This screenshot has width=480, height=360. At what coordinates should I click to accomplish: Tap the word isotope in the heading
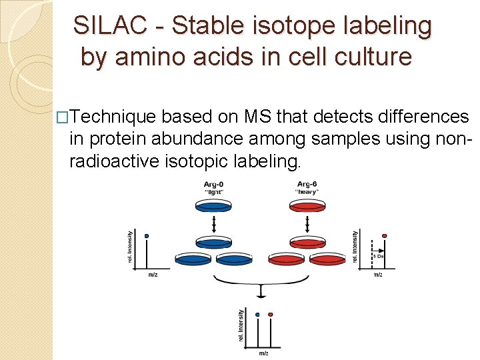(279, 25)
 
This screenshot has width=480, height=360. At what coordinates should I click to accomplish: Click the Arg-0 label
(213, 184)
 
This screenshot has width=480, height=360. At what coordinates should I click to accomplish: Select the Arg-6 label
(307, 184)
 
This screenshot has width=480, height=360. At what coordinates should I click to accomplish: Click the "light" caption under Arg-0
(213, 192)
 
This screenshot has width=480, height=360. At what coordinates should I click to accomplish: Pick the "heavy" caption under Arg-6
(307, 192)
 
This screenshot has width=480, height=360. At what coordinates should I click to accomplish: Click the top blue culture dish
(213, 207)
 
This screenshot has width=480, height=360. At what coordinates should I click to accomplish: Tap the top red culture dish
(307, 207)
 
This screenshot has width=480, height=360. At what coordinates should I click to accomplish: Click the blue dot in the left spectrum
(146, 236)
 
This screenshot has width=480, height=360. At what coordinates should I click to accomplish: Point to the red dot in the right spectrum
(384, 236)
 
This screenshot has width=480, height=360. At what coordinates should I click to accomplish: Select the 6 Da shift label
(377, 256)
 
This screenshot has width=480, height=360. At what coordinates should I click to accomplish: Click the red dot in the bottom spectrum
(270, 314)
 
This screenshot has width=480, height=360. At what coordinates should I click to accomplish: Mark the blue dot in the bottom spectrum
(257, 314)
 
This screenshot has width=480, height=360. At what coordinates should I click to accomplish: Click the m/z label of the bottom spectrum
(263, 353)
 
